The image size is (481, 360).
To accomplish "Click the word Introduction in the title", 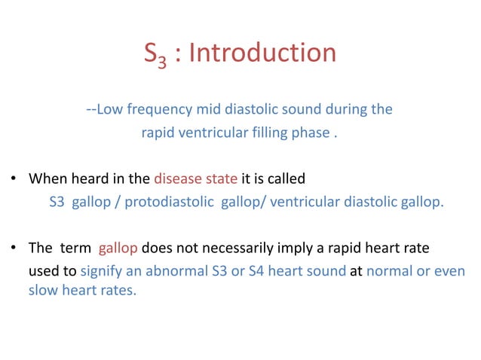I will point(263,53).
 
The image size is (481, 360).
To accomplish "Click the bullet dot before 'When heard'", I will point(14,180).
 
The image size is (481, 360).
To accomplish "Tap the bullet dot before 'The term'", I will point(14,248).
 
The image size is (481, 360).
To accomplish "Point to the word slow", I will point(41,290).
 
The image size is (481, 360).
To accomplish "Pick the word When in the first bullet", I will point(47,179).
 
